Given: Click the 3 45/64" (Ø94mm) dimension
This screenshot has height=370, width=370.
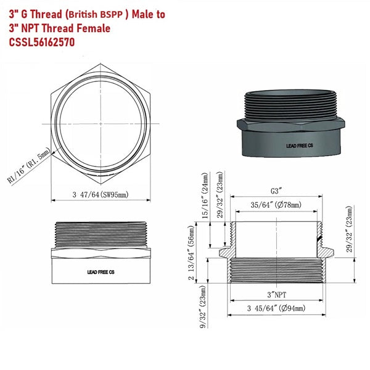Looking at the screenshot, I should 274,308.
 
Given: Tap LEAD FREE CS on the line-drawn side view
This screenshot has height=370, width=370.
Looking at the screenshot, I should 101,271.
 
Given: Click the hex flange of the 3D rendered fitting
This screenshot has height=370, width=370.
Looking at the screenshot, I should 290,125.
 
